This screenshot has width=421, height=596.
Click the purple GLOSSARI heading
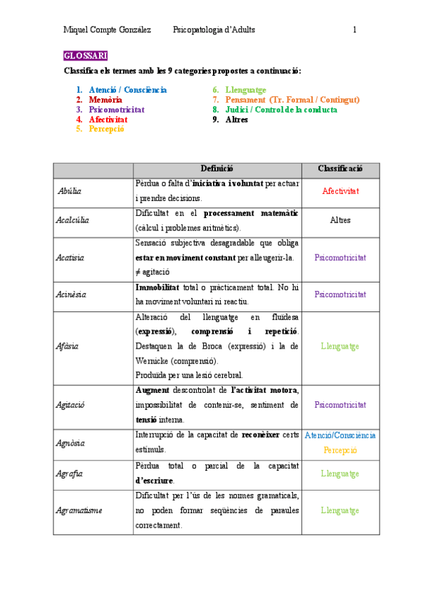(x=85, y=56)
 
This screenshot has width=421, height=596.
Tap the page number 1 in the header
(x=355, y=30)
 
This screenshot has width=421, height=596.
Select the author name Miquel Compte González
(x=107, y=30)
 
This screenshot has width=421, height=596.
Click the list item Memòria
(x=105, y=100)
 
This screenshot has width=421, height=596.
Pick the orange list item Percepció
(x=106, y=129)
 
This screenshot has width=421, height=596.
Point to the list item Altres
(x=237, y=119)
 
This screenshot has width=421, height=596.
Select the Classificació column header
(x=340, y=169)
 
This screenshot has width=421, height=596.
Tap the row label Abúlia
(x=69, y=191)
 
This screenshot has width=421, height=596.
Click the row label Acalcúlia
(x=73, y=221)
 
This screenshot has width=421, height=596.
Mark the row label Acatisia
(x=70, y=258)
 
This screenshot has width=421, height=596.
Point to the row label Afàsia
(x=67, y=346)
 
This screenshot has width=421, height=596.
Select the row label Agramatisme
(x=79, y=511)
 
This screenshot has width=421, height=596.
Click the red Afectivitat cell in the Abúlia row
(x=340, y=191)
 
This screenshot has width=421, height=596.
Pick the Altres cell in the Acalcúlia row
(x=340, y=220)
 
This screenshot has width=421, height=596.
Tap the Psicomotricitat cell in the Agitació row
(x=340, y=405)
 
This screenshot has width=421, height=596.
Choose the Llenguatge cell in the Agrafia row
(x=340, y=474)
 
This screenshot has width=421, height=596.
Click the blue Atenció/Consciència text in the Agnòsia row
(x=340, y=435)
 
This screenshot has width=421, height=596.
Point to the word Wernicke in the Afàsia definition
(x=153, y=361)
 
